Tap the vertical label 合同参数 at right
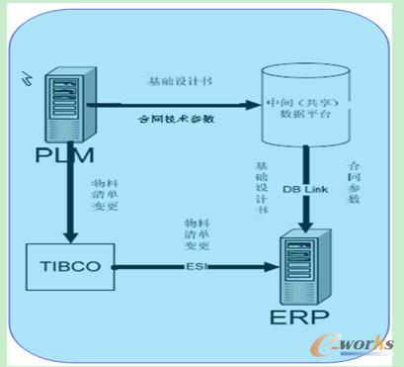[x=354, y=183]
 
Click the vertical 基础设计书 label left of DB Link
[x=261, y=189]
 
